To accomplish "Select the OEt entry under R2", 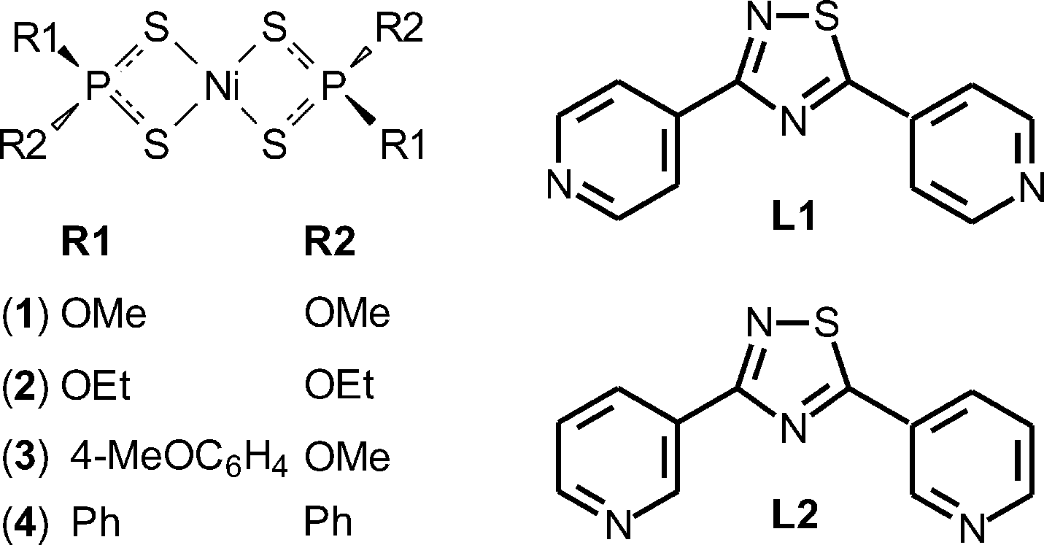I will coord(339,387).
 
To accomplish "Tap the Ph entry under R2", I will coord(328,522).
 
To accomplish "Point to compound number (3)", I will coord(29,457).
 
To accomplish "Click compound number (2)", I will coord(29,387).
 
